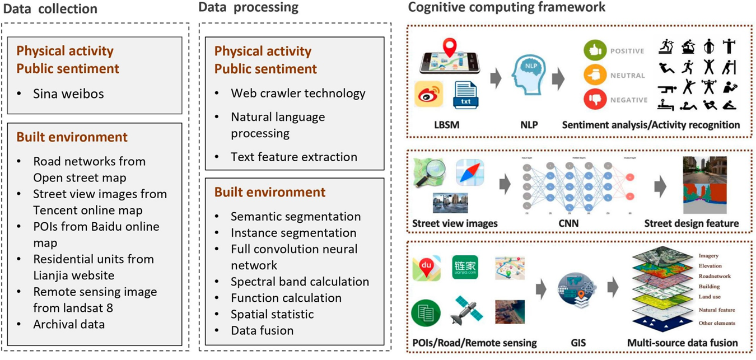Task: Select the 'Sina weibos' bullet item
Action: coord(68,93)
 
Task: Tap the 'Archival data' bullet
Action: coord(69,324)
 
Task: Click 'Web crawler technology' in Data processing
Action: coord(298,93)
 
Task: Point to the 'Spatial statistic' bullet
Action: coord(272,314)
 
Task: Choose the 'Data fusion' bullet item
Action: coord(262,330)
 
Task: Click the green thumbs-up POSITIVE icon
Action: coord(595,51)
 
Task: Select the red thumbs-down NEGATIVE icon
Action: coord(595,100)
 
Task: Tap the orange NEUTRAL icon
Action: coord(595,75)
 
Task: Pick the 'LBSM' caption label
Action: coord(446,125)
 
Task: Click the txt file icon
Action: coord(465,94)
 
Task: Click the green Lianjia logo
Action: coord(465,267)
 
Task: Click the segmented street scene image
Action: coord(707,184)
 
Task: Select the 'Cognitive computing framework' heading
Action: coord(507,7)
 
